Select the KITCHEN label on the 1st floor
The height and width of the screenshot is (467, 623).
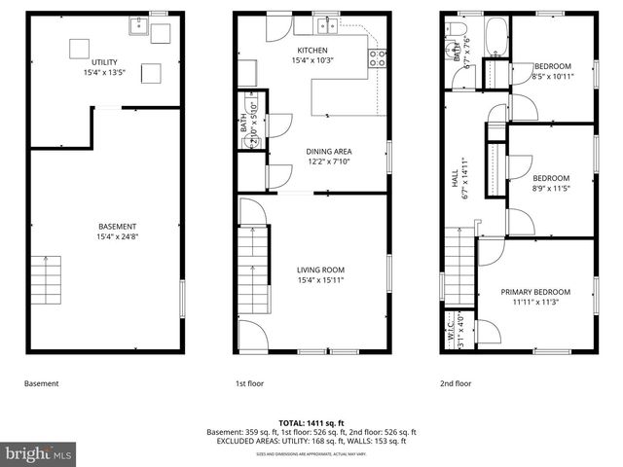[x=312, y=51]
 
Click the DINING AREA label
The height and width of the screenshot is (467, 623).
[x=328, y=151]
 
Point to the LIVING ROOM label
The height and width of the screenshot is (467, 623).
[x=320, y=269]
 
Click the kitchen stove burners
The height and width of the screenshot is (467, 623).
[x=377, y=58]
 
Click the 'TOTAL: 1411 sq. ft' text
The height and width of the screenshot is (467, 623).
[x=311, y=422]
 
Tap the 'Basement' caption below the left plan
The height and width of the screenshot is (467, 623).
[x=42, y=383]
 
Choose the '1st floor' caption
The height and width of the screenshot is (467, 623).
[x=249, y=383]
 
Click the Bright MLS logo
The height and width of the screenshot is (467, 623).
[x=39, y=453]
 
